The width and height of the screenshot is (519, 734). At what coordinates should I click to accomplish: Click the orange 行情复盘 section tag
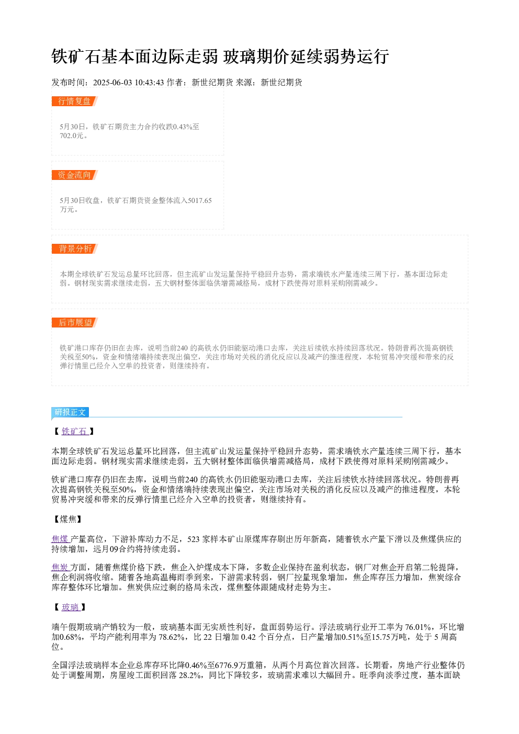[75, 101]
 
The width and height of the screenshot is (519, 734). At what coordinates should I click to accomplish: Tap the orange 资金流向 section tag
[75, 175]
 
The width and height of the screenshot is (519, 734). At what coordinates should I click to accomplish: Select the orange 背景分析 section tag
[75, 249]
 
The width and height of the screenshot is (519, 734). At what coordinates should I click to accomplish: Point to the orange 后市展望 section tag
[75, 322]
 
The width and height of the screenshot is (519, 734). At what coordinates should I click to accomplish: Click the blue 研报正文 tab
[70, 412]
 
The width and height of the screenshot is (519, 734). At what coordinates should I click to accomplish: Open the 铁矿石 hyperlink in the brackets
[74, 432]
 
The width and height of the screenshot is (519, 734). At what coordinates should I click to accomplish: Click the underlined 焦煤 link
[60, 539]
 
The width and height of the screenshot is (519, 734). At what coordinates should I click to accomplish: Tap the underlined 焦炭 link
[60, 567]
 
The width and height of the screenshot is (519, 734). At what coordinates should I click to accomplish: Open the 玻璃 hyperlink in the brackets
[70, 607]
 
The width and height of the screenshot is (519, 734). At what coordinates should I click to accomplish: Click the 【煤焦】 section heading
[68, 519]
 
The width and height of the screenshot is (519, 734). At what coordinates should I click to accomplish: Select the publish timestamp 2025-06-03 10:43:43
[128, 83]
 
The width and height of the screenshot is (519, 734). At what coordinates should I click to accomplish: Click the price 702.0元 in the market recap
[72, 135]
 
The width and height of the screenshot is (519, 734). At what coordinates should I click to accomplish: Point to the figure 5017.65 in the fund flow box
[200, 200]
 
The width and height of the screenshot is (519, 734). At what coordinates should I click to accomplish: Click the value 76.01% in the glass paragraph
[418, 627]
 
